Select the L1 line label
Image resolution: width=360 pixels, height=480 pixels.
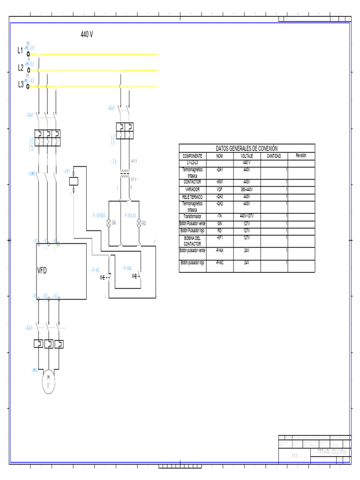(21, 50)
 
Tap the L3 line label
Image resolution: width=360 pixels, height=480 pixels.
(21, 84)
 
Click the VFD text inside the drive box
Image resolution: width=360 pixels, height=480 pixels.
(43, 271)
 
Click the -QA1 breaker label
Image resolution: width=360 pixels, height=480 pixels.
(30, 115)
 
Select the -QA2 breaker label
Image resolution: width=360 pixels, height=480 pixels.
(111, 108)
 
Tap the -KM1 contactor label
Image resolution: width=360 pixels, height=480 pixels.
(32, 174)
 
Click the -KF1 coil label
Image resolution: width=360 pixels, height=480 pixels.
(67, 172)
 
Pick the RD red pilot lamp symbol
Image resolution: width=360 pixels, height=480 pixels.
(139, 224)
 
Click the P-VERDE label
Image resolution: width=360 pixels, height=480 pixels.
(99, 215)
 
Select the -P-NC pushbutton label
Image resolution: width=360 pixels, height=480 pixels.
(95, 270)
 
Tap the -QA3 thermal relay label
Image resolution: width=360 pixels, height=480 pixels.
(29, 328)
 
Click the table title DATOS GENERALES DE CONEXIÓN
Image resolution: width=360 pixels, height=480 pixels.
(247, 148)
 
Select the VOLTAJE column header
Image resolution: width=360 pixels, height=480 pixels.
(247, 156)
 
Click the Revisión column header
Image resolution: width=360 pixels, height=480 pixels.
(301, 156)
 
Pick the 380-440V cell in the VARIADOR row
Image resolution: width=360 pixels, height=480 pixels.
(247, 190)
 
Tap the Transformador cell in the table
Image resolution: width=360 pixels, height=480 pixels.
(193, 217)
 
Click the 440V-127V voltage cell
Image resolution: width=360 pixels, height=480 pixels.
(247, 217)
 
